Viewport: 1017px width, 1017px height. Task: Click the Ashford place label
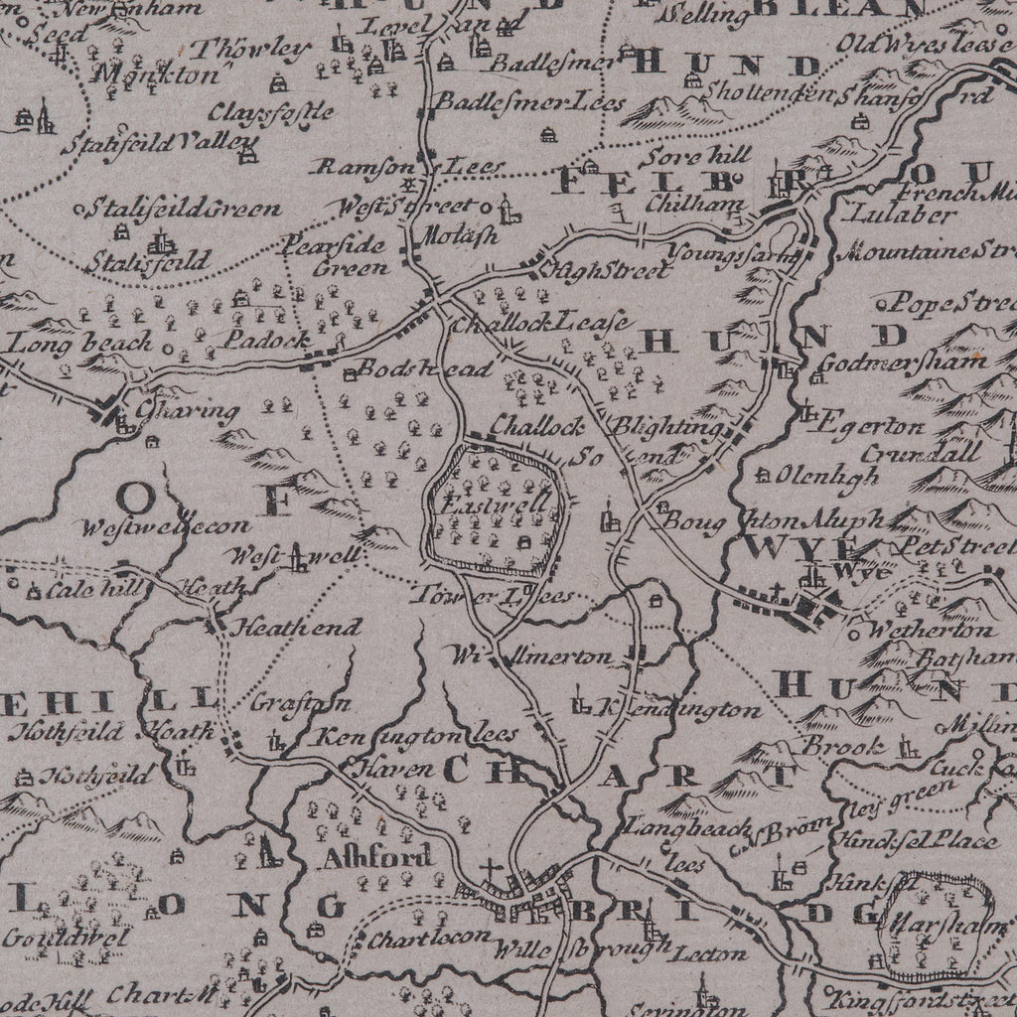point(376,856)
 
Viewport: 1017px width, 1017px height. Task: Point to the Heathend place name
point(277,629)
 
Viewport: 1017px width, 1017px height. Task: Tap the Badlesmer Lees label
point(532,102)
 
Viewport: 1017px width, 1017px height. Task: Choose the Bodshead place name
point(424,369)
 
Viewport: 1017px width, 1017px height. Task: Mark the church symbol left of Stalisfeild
point(159,242)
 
